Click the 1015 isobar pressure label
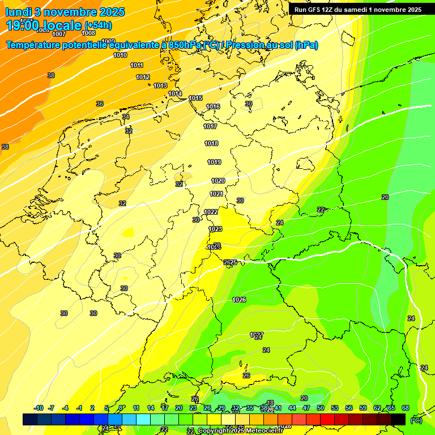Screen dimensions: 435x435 [x=195, y=99]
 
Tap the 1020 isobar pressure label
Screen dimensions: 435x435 [x=218, y=181]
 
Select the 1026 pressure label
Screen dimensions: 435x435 [x=239, y=300]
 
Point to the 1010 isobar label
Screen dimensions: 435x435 [x=120, y=55]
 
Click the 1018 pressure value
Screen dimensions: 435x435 [x=211, y=144]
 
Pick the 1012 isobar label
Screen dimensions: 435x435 [x=143, y=77]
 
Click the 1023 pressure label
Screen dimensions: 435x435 [x=215, y=229]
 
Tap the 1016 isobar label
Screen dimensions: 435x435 [x=213, y=107]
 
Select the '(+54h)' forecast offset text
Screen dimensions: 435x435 [x=98, y=25]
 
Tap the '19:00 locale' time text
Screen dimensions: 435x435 [x=44, y=25]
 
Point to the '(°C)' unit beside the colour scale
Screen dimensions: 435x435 [x=416, y=420]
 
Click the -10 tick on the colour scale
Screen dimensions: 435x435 [x=39, y=408]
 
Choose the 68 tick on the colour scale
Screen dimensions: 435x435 [x=406, y=408]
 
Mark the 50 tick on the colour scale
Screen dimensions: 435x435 [x=321, y=408]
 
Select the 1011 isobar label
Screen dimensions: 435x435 [x=137, y=65]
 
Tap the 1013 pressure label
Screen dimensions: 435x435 [x=160, y=86]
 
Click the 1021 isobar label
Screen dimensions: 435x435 [x=216, y=194]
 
